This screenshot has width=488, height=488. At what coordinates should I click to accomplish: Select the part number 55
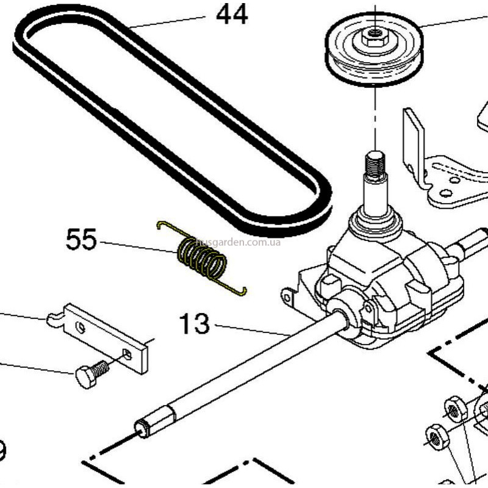[81, 240]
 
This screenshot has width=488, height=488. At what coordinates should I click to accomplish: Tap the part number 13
[195, 323]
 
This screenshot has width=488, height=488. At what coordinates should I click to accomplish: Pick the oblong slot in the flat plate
[127, 354]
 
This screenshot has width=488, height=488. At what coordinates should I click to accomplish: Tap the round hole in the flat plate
[81, 328]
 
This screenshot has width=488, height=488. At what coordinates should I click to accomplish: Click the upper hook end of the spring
[161, 224]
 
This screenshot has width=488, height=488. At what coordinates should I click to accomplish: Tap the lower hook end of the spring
[242, 292]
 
